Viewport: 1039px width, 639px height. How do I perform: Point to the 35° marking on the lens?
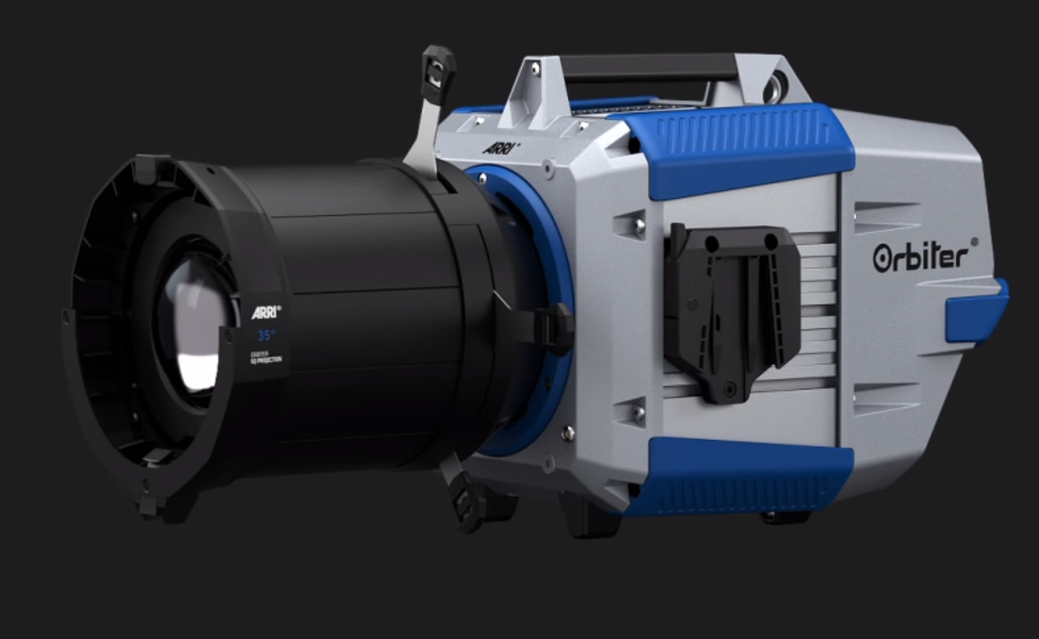point(266,336)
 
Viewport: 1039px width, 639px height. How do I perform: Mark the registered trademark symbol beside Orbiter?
point(973,242)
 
